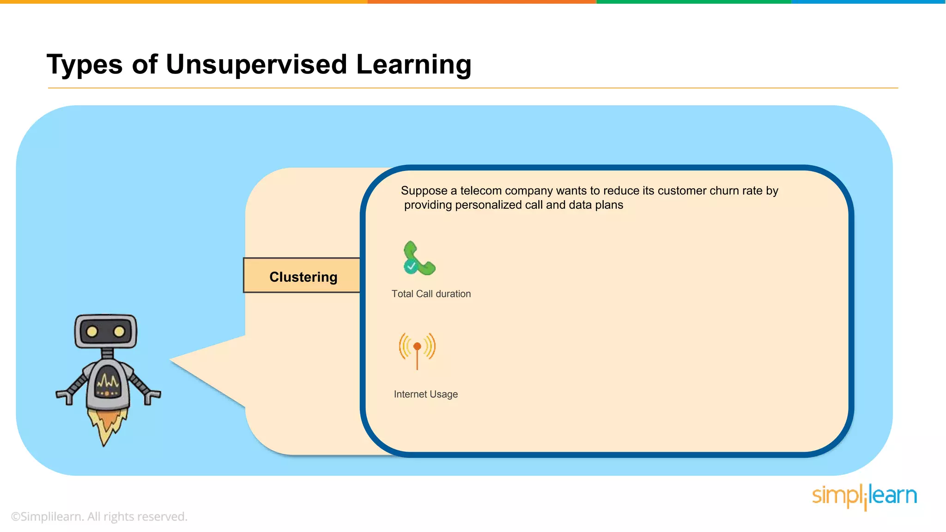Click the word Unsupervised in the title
point(256,64)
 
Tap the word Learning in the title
point(413,64)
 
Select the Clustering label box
point(302,276)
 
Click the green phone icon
point(419,258)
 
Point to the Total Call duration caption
point(431,294)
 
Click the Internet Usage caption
point(425,394)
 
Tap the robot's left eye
point(92,332)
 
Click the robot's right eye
point(119,332)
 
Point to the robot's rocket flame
point(107,425)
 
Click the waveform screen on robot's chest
point(108,382)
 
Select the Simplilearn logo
point(864,496)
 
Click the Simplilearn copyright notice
point(99,516)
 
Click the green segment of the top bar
point(693,2)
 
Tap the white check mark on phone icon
point(411,266)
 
